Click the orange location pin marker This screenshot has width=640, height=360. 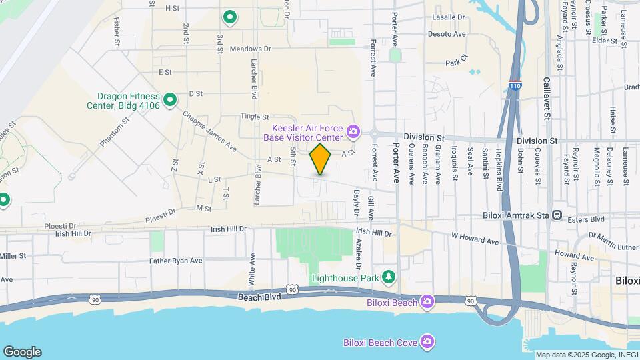point(321,159)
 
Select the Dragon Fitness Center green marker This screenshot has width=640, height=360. point(170,100)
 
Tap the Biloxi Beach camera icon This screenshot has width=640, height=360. point(427,303)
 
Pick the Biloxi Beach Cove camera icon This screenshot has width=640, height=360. point(427,343)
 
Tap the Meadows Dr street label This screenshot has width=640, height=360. point(251,49)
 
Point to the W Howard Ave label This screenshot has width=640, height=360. point(475,238)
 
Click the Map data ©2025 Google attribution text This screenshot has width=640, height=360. point(586,355)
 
